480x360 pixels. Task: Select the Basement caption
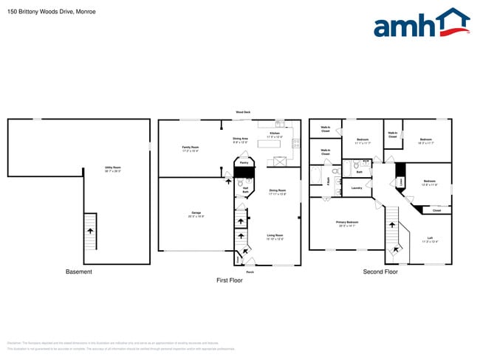point(79,272)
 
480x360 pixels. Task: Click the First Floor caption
point(230,280)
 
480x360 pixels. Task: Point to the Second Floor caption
point(380,272)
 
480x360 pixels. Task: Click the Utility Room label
point(114,169)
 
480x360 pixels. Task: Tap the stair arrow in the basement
point(90,230)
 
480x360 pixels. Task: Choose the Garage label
point(196,215)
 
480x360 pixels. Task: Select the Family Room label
point(191,148)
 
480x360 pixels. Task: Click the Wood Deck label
point(243,112)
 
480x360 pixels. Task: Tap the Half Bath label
point(244,190)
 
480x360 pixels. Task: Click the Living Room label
point(275,237)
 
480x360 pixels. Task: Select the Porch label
point(250,272)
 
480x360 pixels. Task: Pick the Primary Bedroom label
point(347,224)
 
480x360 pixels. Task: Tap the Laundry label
point(357,188)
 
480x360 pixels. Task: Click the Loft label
point(430,240)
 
